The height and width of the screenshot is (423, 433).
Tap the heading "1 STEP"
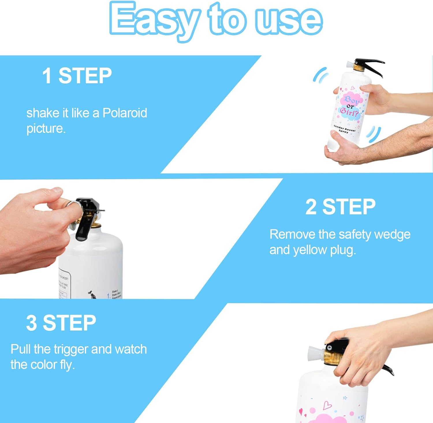pyautogui.click(x=77, y=76)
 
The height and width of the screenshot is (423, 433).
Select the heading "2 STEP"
pyautogui.click(x=340, y=207)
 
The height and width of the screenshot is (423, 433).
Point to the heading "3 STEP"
pyautogui.click(x=61, y=323)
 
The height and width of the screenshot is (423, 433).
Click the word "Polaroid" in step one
pyautogui.click(x=125, y=113)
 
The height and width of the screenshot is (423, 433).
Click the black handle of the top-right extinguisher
pyautogui.click(x=371, y=65)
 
